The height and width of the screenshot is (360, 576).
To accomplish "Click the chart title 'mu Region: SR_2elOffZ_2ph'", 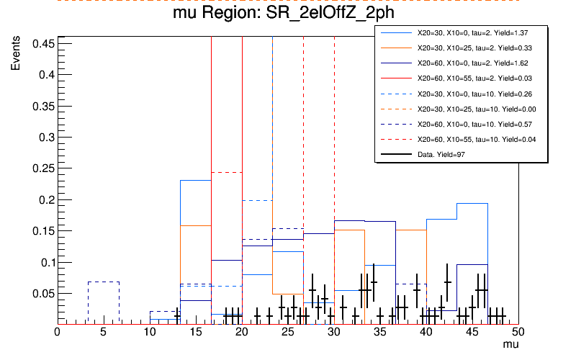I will click(287, 14).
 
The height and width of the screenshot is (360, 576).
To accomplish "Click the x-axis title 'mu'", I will click(510, 346).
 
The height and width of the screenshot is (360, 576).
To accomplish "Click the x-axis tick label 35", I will click(379, 332).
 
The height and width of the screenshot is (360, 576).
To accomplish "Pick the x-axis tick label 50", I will click(518, 332).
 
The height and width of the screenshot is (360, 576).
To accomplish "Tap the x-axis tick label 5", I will click(103, 332).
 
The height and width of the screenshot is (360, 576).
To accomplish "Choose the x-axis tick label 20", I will click(241, 332).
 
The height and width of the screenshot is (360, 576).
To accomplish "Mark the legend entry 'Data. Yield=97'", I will click(446, 154).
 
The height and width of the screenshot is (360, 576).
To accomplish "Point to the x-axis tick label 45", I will click(472, 332).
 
